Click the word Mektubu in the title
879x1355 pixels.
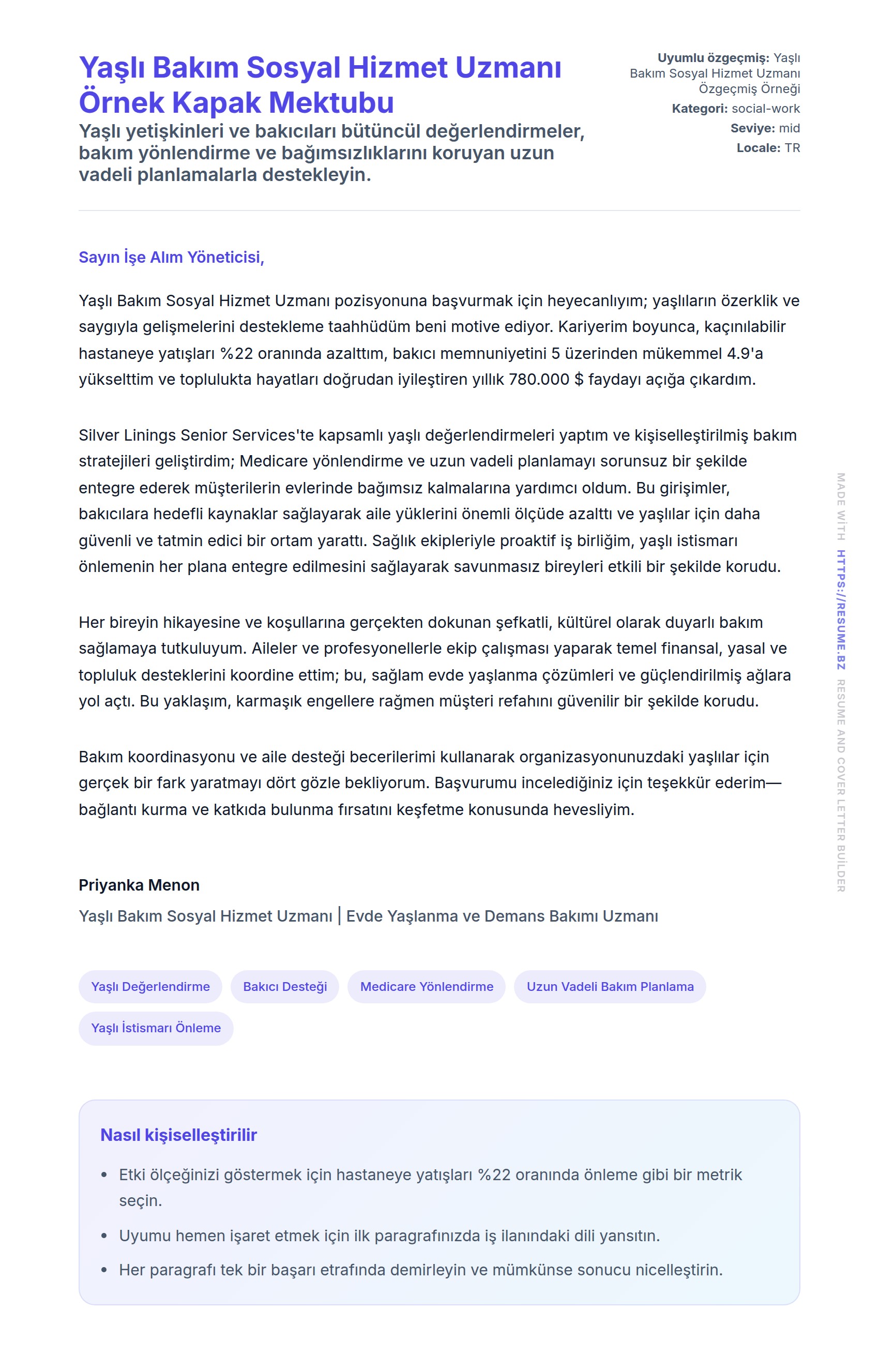click(331, 103)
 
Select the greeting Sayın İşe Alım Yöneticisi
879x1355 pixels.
click(171, 258)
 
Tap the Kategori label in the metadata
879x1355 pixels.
click(699, 109)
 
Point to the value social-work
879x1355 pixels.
click(766, 109)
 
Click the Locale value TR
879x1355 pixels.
click(792, 148)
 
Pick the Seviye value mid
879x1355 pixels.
click(789, 128)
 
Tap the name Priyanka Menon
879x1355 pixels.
click(139, 885)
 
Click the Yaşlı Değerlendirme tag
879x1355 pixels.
click(150, 987)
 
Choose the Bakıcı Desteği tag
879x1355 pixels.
click(285, 987)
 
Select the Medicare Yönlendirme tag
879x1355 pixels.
click(427, 987)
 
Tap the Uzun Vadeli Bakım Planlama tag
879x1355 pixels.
click(610, 987)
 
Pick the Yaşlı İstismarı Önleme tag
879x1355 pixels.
click(156, 1028)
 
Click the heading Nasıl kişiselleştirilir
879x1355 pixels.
click(179, 1135)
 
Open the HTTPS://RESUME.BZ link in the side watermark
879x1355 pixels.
click(841, 609)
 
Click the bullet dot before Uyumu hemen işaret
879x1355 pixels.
click(103, 1236)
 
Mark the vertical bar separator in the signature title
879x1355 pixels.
click(339, 916)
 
